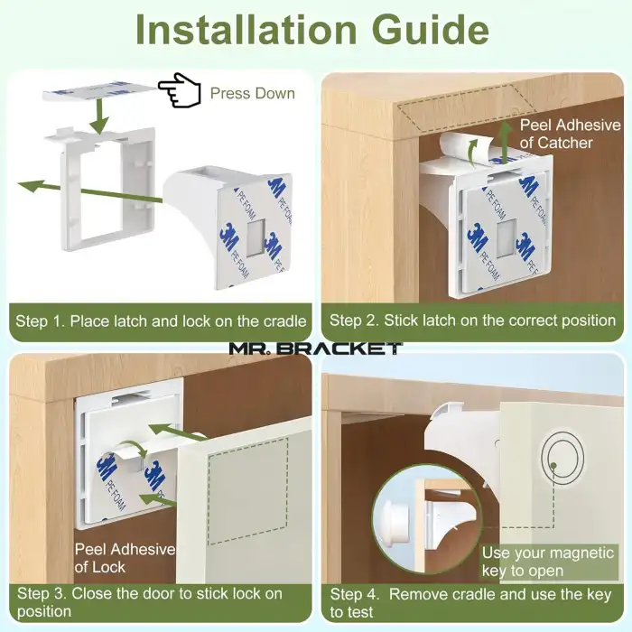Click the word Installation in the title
click(246, 30)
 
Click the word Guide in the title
click(430, 30)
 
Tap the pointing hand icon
click(180, 90)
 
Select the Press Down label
click(253, 94)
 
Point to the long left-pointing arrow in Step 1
click(90, 191)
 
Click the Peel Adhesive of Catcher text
click(570, 134)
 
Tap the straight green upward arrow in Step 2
click(504, 142)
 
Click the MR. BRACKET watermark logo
click(316, 349)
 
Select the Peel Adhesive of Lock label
click(125, 558)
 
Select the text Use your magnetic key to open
click(548, 562)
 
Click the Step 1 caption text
click(161, 321)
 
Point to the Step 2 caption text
click(472, 321)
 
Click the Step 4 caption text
click(470, 603)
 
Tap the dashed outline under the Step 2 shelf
click(468, 108)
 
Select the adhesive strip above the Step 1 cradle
click(99, 91)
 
